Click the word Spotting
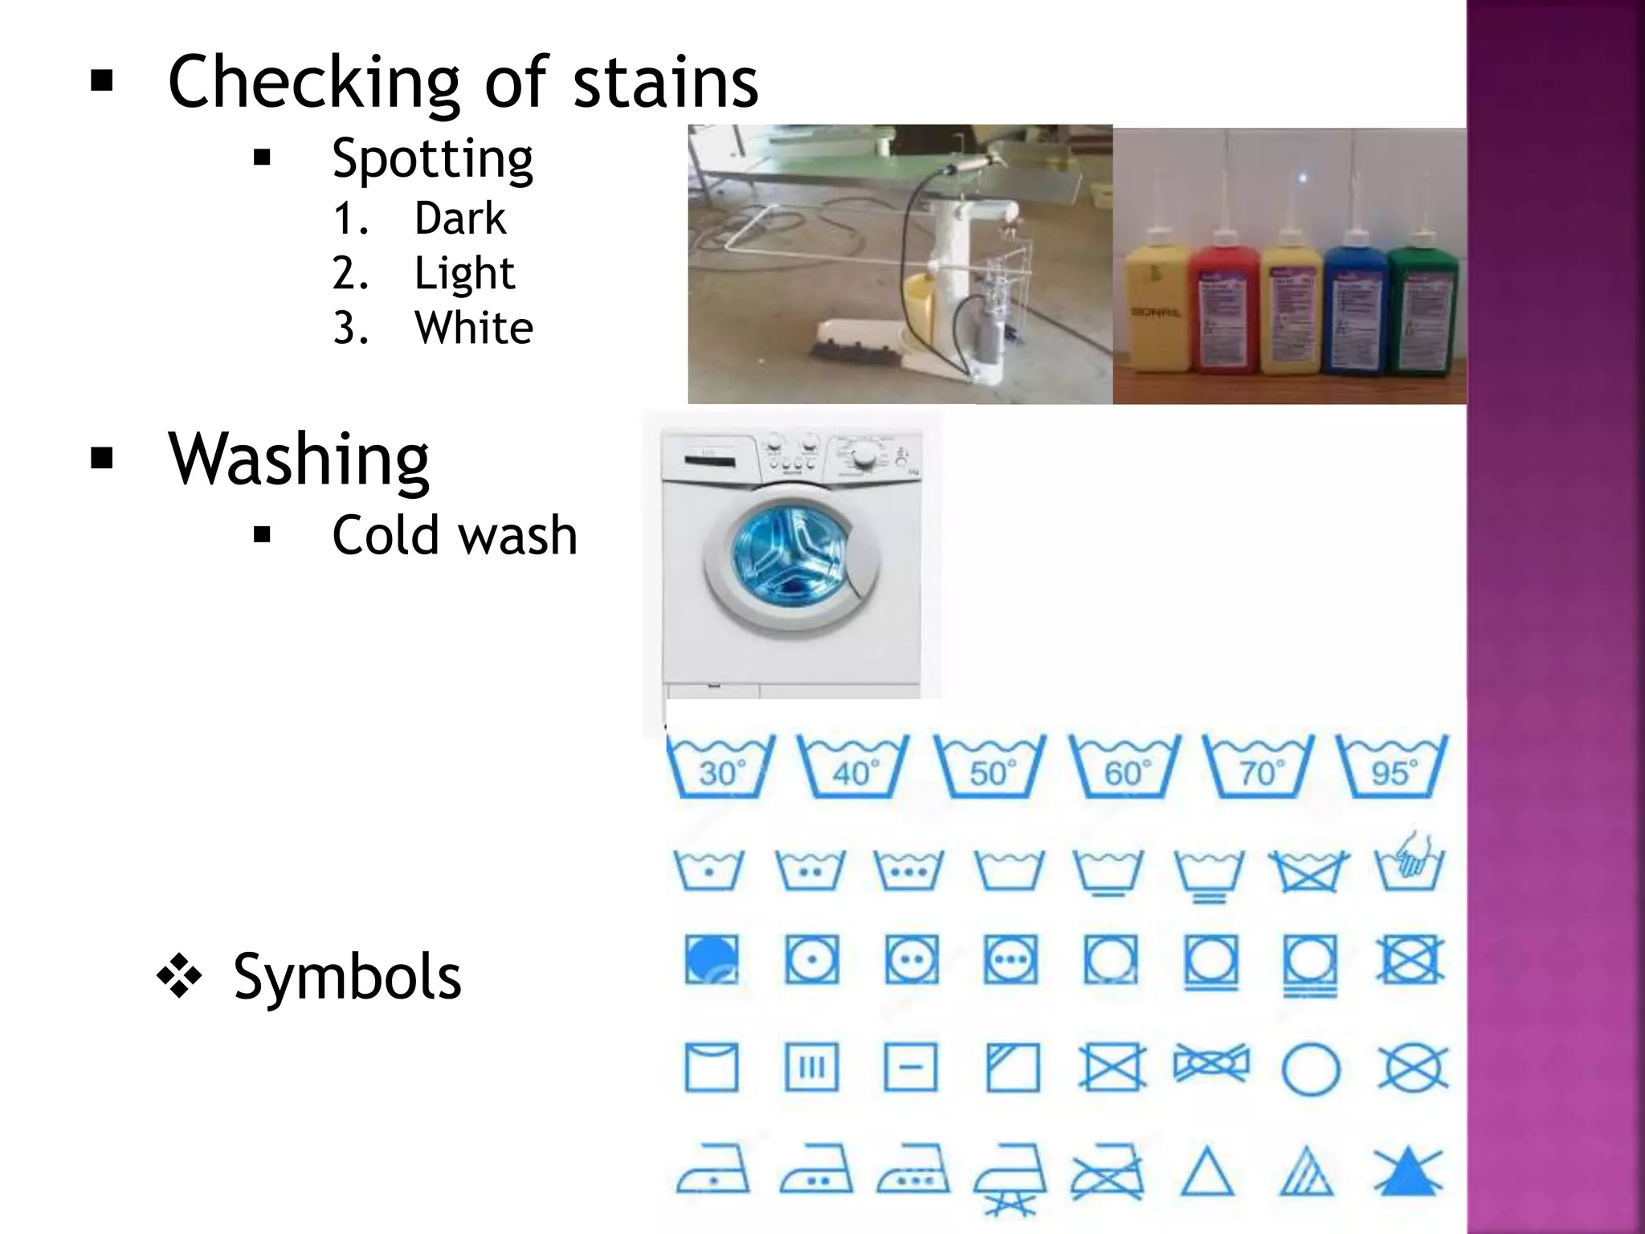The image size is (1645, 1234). [x=432, y=159]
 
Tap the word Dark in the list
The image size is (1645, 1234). [x=460, y=219]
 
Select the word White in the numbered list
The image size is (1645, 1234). [x=474, y=328]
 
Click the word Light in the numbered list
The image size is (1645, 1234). [x=464, y=273]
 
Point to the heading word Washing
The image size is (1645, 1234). [x=299, y=459]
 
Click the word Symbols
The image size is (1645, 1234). [x=347, y=977]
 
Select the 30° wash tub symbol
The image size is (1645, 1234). [x=720, y=767]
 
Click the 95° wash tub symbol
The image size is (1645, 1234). [x=1393, y=767]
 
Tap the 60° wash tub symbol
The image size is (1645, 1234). [x=1125, y=767]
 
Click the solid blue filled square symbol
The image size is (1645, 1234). [x=712, y=959]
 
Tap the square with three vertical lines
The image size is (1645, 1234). [x=811, y=1068]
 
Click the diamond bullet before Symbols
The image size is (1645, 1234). [x=179, y=977]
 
